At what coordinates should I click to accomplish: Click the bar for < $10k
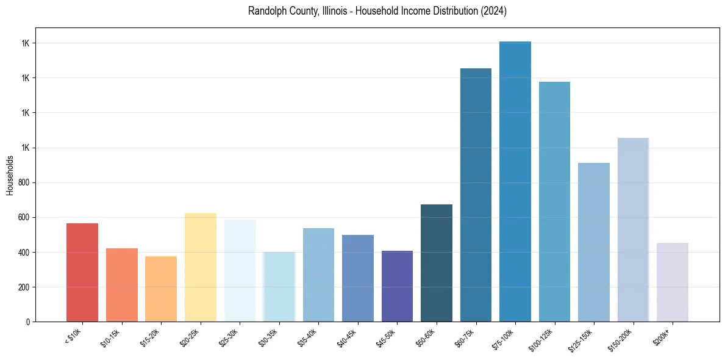pos(82,272)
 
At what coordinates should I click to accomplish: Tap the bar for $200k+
pos(672,282)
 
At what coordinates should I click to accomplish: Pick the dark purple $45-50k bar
pos(397,286)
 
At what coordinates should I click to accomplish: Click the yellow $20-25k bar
pos(200,267)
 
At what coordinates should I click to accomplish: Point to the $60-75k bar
pos(476,195)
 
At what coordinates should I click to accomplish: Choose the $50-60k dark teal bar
pos(436,262)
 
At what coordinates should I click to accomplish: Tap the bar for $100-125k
pos(554,201)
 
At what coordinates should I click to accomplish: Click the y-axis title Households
pos(10,175)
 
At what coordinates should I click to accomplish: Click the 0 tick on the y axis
pos(28,322)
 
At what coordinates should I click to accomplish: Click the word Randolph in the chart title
pos(264,11)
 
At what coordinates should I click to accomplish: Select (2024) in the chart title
pos(493,11)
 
